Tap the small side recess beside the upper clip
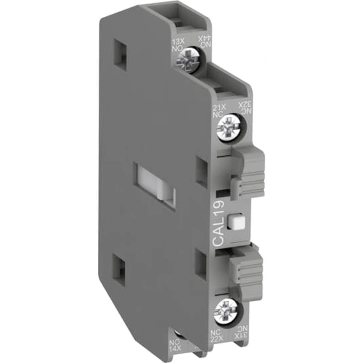(x=201, y=168)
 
